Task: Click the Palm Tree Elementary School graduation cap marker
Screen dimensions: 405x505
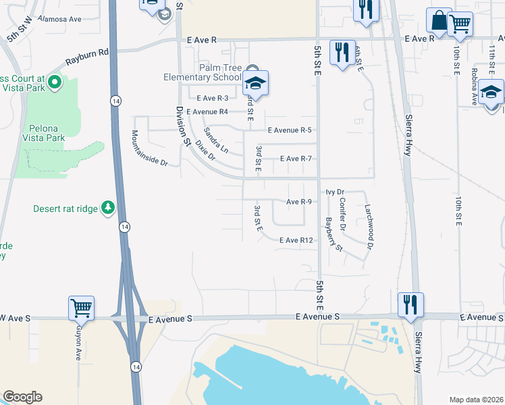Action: (255, 84)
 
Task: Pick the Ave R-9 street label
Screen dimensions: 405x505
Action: (298, 202)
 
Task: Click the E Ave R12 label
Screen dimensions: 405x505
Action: (296, 240)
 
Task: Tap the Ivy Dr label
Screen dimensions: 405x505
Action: (335, 192)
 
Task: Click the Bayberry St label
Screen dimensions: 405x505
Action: (334, 234)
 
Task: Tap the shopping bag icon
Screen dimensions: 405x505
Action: (438, 21)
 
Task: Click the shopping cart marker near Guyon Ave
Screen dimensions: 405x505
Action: (81, 308)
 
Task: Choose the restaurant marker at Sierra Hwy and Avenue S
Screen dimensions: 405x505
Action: (410, 305)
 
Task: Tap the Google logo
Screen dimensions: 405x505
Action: (22, 397)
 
